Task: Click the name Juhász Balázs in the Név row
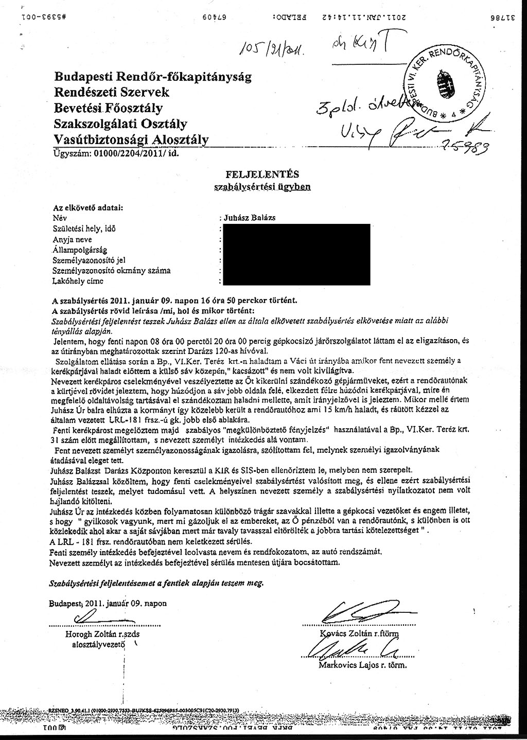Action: pos(250,218)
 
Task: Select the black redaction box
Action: pos(295,254)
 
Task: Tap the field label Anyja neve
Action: pos(73,239)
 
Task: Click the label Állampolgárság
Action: pos(79,250)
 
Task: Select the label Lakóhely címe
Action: pos(78,281)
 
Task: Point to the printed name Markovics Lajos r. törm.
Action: pos(363,665)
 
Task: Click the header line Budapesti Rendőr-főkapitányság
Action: pos(153,77)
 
